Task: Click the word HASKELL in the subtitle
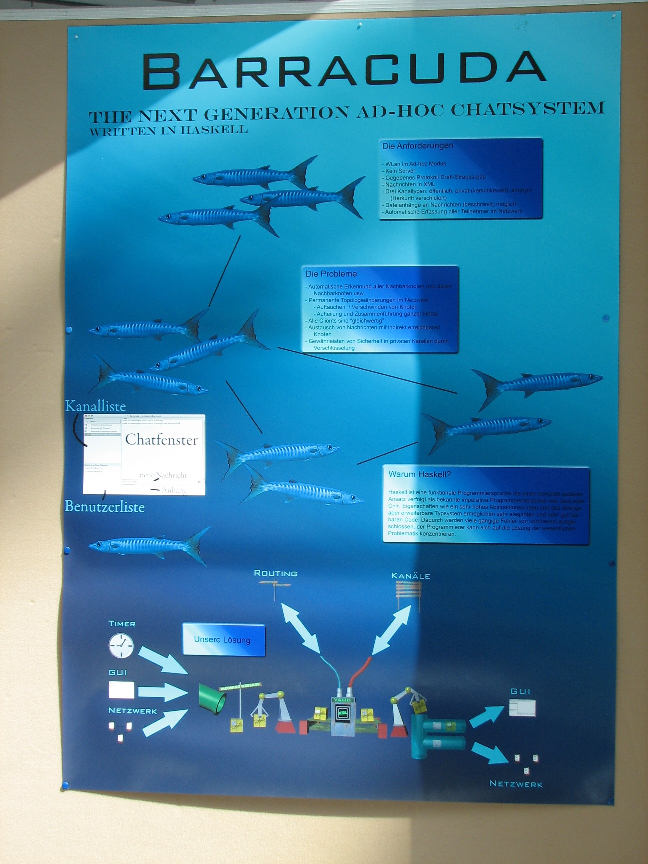tap(214, 130)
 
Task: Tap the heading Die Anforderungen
tap(418, 146)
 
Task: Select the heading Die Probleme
tap(331, 274)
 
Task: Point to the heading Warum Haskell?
tap(420, 474)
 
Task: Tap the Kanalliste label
tap(95, 407)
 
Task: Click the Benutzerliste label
tap(104, 507)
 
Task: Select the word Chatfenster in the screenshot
tap(161, 440)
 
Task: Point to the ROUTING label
tap(275, 573)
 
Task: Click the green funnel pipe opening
tap(220, 704)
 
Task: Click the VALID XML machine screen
tap(343, 712)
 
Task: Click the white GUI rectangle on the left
tap(121, 690)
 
